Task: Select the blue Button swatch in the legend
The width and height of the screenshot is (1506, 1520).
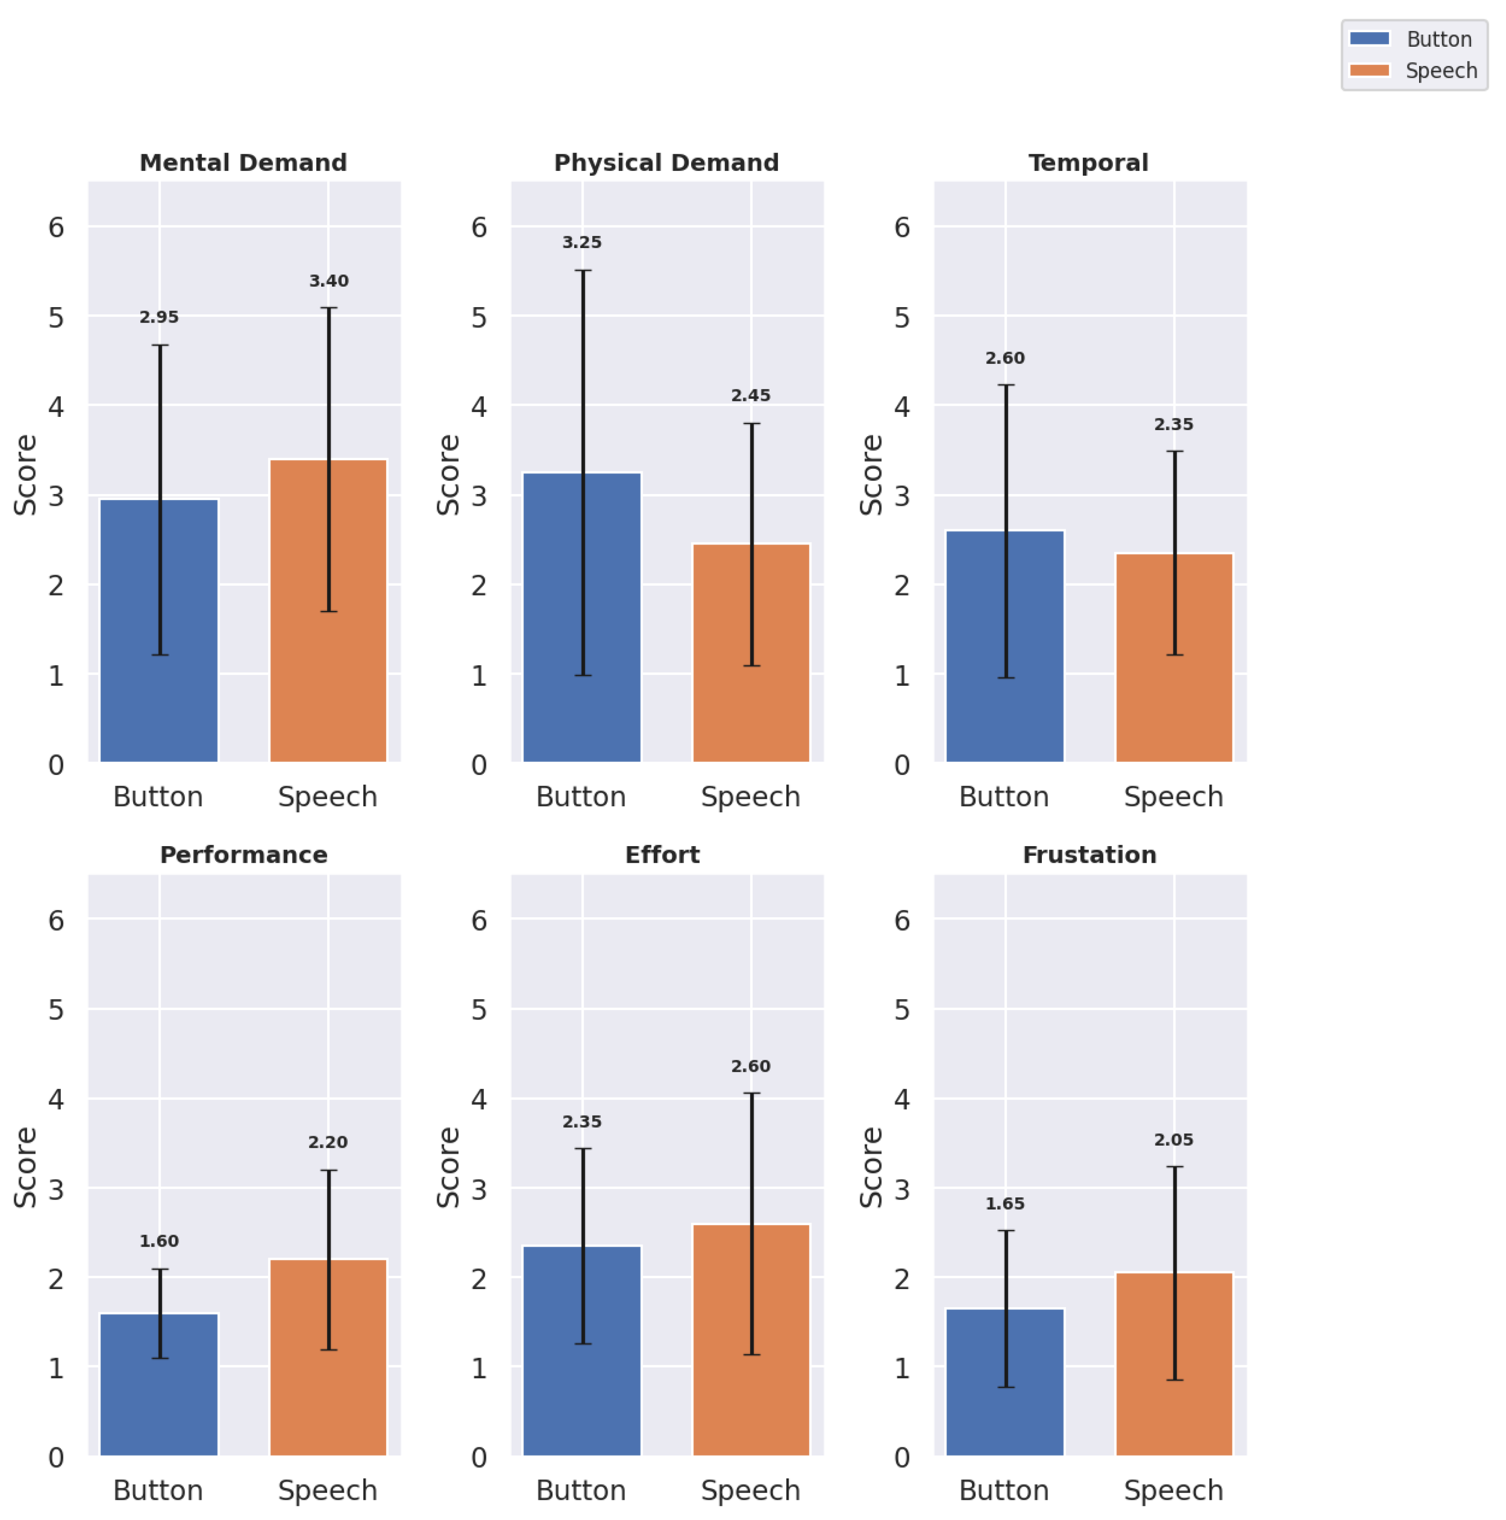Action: click(x=1369, y=39)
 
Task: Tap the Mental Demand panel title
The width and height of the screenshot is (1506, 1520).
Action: click(x=243, y=163)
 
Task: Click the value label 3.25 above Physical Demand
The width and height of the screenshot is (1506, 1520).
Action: click(x=582, y=242)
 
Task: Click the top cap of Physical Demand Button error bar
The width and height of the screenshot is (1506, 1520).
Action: click(x=583, y=271)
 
